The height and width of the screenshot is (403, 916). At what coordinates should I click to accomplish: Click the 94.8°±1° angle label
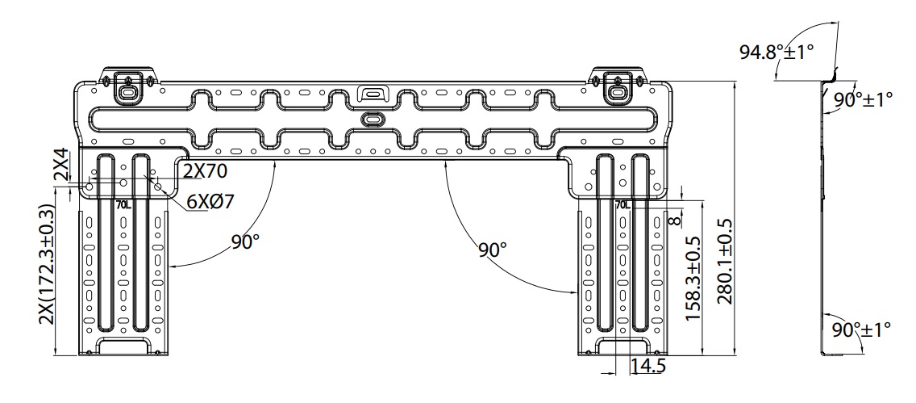coord(777,52)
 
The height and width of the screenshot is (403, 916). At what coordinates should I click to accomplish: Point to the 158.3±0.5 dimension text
coord(693,279)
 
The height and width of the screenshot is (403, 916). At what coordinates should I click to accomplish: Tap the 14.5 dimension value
coord(648,366)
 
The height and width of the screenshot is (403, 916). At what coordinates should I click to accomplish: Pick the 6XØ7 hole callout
coord(210,201)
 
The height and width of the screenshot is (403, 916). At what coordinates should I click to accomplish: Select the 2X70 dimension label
coord(206,171)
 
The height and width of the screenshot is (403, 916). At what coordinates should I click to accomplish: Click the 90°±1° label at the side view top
coord(863,99)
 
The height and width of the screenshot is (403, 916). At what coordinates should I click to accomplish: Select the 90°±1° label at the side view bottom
coord(861,330)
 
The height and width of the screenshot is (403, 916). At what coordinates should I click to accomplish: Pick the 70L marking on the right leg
coord(622,205)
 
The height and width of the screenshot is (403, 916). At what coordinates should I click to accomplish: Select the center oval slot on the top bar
coord(373,118)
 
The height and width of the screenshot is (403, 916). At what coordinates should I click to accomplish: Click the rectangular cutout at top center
coord(373,90)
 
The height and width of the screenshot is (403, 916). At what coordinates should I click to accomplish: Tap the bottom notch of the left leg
coord(124,346)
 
